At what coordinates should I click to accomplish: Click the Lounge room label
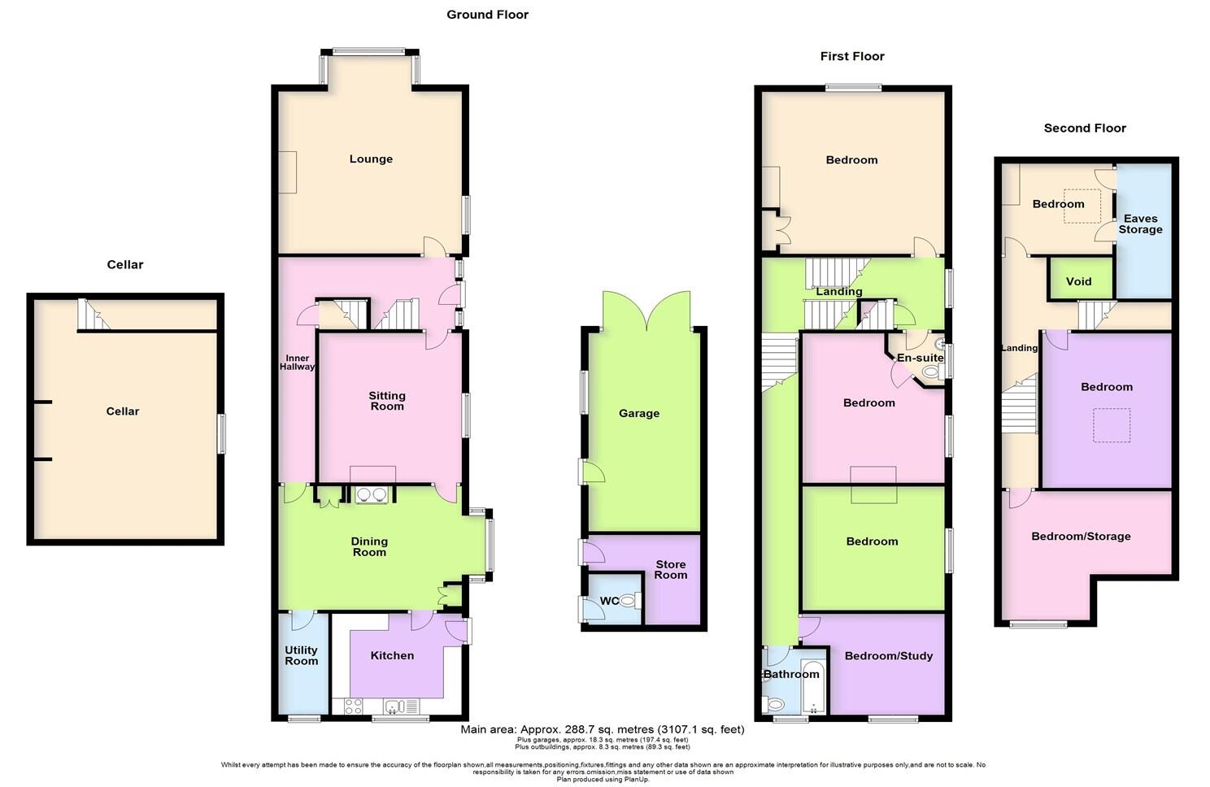click(371, 159)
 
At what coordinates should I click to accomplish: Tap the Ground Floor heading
click(487, 15)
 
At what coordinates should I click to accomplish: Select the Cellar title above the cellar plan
click(124, 265)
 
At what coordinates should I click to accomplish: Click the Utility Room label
click(301, 655)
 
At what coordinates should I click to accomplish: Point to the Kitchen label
click(392, 655)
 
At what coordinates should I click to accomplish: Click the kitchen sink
click(398, 706)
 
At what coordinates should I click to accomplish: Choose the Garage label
click(638, 414)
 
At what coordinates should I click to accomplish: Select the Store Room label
click(670, 569)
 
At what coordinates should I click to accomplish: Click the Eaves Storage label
click(1140, 224)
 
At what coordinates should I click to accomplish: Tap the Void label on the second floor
click(1078, 282)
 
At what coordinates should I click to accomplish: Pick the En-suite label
click(920, 359)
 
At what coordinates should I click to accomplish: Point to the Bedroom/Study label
click(888, 656)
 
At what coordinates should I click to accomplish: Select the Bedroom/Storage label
click(1081, 537)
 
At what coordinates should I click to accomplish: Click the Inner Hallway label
click(297, 363)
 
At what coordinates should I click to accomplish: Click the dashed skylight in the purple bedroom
click(1111, 425)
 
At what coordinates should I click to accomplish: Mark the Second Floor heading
click(1085, 128)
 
